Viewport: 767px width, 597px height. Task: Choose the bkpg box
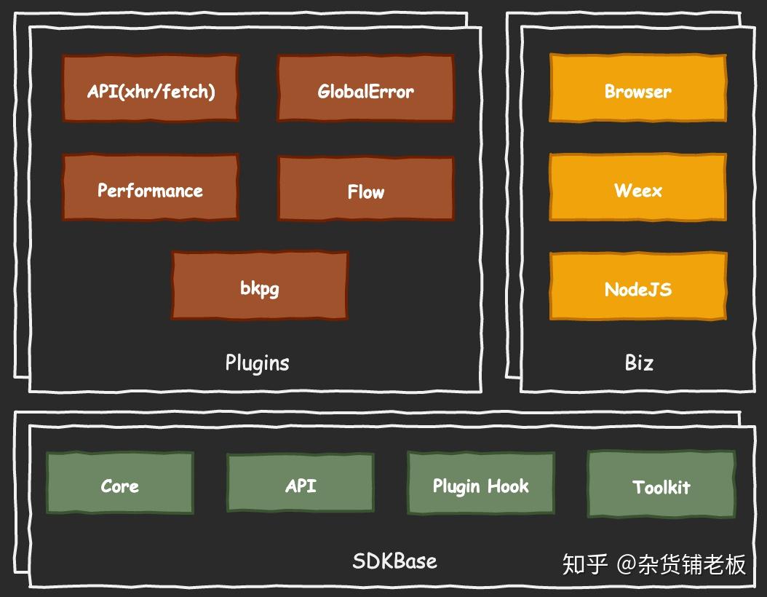[260, 286]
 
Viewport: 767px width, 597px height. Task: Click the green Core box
[120, 483]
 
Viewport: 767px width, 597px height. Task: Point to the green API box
[301, 483]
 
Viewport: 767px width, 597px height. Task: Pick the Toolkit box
[661, 485]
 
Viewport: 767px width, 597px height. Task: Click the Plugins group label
[257, 363]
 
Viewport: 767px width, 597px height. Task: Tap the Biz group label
[639, 363]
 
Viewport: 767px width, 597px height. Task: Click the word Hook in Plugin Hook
[508, 486]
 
